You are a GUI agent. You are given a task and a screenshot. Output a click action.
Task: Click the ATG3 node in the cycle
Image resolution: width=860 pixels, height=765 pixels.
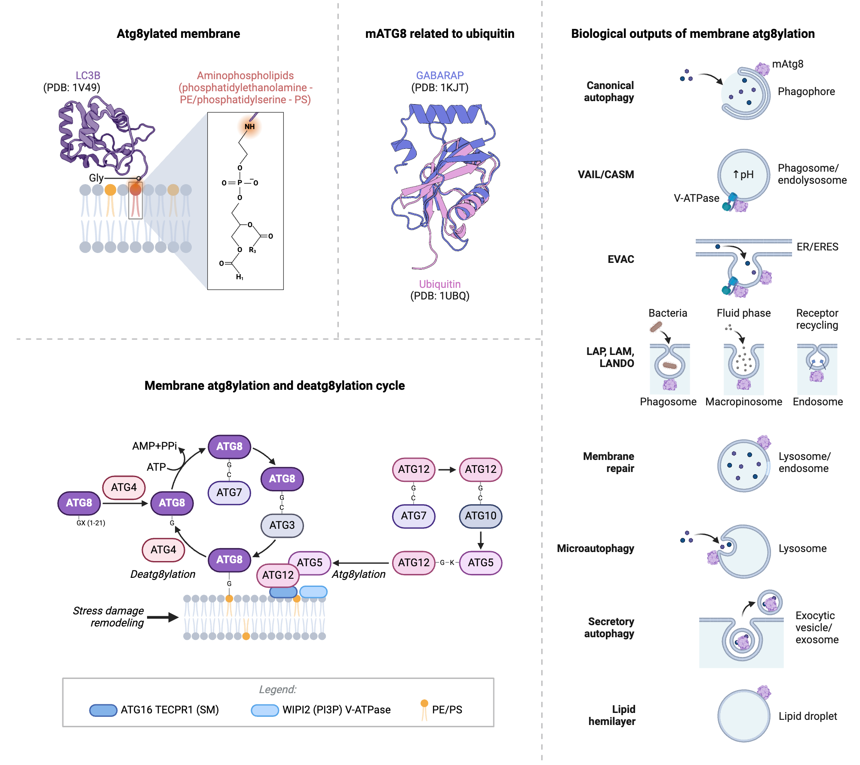pos(282,525)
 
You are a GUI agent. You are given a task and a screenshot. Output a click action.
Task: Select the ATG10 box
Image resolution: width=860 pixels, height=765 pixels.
pos(480,515)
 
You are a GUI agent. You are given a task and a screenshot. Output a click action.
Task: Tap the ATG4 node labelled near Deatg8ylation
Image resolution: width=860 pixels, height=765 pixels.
pos(163,549)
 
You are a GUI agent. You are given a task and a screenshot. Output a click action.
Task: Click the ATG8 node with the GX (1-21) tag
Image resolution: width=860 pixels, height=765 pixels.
pos(79,503)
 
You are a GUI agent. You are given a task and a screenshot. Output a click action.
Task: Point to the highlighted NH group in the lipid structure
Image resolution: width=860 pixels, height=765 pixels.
pos(249,126)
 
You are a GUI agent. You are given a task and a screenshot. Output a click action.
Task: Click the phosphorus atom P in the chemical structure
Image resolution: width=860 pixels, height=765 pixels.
pos(240,183)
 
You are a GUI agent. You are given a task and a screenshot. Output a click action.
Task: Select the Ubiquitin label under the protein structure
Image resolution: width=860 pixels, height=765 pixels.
pos(439,284)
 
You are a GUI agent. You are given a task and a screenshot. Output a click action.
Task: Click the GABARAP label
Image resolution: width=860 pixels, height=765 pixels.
pos(439,75)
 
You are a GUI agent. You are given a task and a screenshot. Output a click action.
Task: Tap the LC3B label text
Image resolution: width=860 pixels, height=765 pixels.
pos(88,75)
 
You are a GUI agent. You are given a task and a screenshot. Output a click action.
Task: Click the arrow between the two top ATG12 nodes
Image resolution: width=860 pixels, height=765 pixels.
pos(447,469)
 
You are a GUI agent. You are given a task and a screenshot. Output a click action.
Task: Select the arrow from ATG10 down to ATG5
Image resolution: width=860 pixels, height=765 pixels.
pos(481,540)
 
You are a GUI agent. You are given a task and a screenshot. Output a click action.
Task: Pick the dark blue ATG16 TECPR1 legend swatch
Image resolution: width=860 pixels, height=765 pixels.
pos(103,710)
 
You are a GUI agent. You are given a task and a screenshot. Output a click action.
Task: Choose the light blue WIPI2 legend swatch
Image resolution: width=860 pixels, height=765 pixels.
pos(265,710)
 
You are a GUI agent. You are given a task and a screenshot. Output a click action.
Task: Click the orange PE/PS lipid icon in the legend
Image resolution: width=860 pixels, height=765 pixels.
pos(424,709)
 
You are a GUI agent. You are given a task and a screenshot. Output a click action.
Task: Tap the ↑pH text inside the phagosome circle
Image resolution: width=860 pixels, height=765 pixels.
pos(743,174)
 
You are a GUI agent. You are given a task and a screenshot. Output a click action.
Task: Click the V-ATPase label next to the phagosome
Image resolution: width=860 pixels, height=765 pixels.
pos(696,198)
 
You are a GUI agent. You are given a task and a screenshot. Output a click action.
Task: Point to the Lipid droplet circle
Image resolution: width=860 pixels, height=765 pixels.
pos(743,716)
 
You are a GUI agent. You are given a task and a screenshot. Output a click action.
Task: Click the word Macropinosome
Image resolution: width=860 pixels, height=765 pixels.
pos(743,401)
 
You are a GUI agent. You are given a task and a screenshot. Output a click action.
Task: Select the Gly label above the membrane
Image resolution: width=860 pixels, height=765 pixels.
pos(96,178)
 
